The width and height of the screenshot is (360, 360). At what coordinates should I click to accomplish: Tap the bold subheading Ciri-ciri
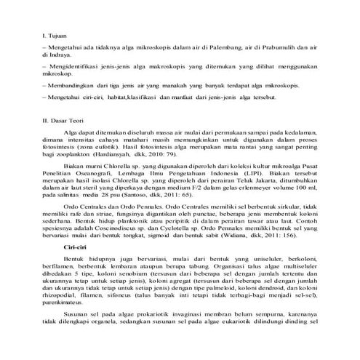(x=76, y=247)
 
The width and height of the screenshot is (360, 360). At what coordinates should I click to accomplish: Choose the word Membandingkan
(x=72, y=86)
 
